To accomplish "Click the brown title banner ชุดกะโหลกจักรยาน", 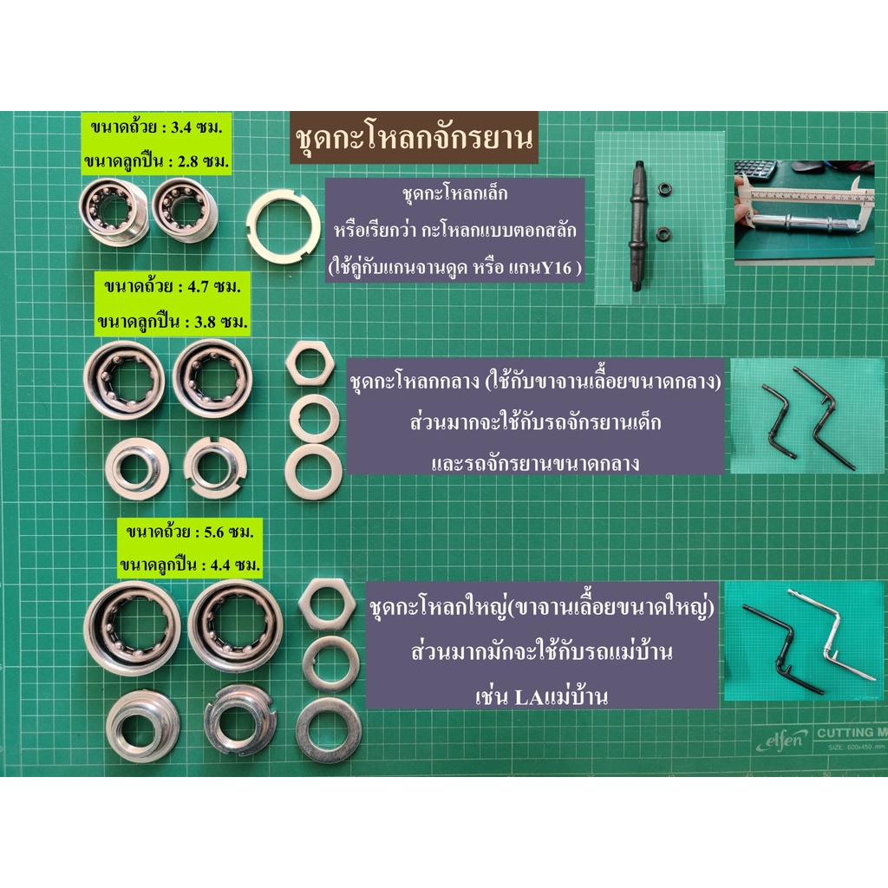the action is (x=414, y=138).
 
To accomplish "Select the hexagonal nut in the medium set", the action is (x=310, y=364).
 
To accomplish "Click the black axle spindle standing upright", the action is (x=637, y=225).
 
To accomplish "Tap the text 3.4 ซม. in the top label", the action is (x=197, y=127).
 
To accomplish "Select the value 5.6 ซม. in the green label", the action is (x=229, y=532).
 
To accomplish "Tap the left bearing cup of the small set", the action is (x=114, y=212).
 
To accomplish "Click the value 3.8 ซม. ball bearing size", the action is (x=221, y=323).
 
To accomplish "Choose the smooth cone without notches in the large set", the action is (x=143, y=724).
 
